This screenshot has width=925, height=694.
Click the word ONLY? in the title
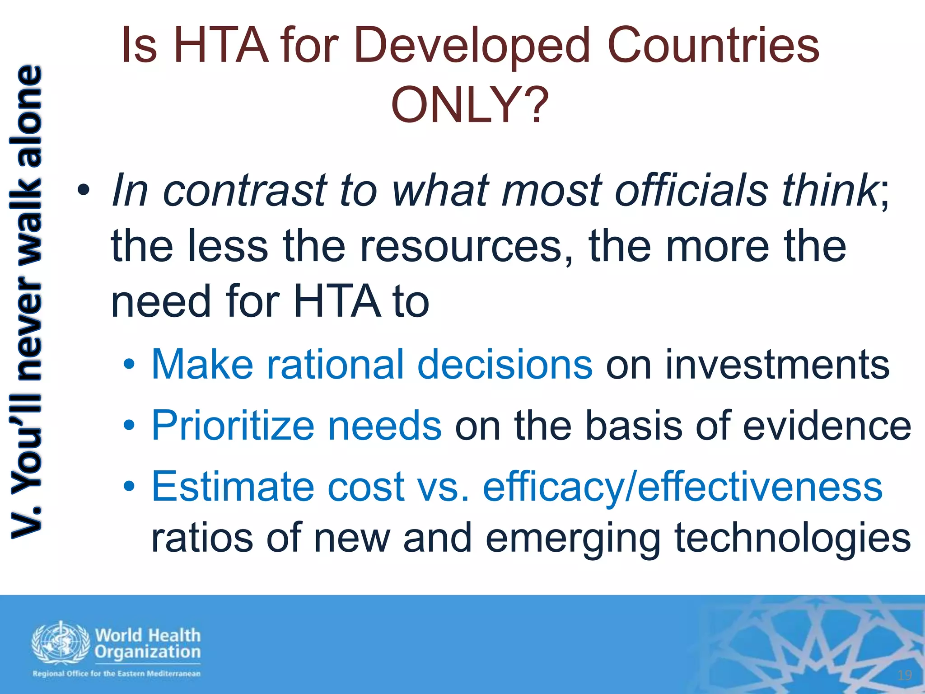(470, 105)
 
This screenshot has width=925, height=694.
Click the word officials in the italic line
(691, 191)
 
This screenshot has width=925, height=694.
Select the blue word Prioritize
(233, 426)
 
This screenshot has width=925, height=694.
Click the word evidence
(827, 426)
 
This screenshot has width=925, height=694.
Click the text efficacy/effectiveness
(682, 487)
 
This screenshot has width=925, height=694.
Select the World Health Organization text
(148, 643)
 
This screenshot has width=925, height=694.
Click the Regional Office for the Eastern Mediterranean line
(116, 674)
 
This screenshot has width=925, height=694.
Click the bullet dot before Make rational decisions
(129, 364)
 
